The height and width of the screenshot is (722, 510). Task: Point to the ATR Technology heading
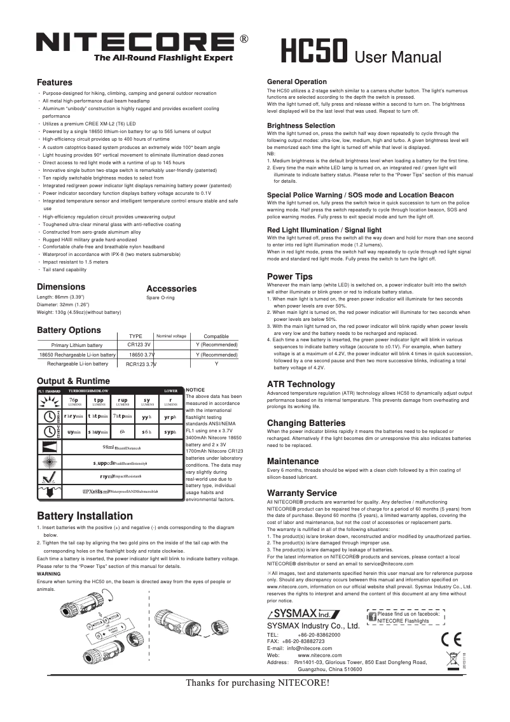pyautogui.click(x=301, y=385)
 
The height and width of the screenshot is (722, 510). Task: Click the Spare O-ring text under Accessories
pyautogui.click(x=160, y=297)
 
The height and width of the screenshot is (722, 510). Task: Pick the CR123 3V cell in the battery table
pyautogui.click(x=139, y=344)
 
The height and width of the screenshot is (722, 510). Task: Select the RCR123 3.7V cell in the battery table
pyautogui.click(x=141, y=364)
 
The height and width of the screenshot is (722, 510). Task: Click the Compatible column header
pyautogui.click(x=216, y=336)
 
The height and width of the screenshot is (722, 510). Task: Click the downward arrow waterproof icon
pyautogui.click(x=49, y=491)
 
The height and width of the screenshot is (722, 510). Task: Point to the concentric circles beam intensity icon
pyautogui.click(x=49, y=462)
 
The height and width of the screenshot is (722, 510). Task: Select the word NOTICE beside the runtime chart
pyautogui.click(x=195, y=389)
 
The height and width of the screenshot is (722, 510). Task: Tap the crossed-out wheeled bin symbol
pyautogui.click(x=453, y=660)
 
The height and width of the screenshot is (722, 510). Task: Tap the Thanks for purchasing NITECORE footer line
pyautogui.click(x=258, y=684)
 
